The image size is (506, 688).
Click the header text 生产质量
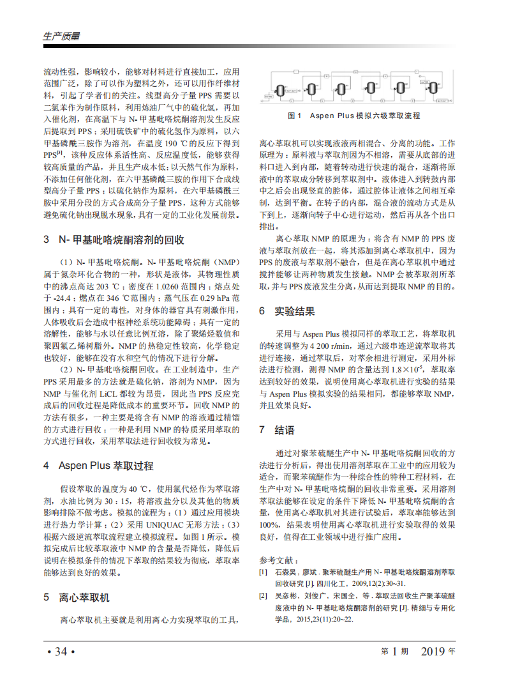61,36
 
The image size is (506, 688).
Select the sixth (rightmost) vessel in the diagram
433,89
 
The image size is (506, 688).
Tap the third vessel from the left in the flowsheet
341,89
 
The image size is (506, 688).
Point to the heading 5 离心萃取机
77,599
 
